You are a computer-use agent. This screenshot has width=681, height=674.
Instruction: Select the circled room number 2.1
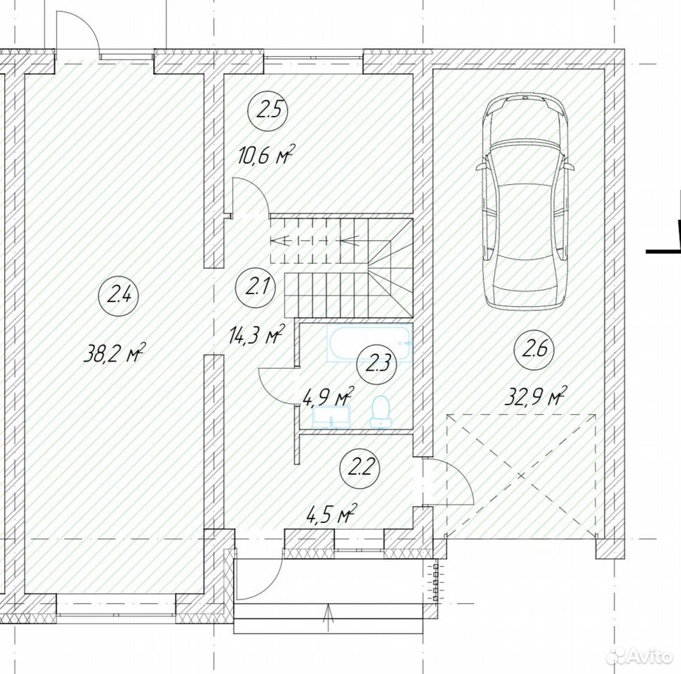click(x=255, y=288)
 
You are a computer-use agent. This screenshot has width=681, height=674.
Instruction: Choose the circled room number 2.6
click(x=534, y=350)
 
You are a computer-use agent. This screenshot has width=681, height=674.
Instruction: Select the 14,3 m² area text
click(x=256, y=334)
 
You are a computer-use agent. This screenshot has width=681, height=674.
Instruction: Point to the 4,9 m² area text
click(x=329, y=396)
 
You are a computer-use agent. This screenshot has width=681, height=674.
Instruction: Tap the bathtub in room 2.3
click(x=369, y=343)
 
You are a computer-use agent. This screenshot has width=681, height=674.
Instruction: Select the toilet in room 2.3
click(x=381, y=411)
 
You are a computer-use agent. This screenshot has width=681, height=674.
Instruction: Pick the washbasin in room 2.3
click(x=331, y=416)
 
